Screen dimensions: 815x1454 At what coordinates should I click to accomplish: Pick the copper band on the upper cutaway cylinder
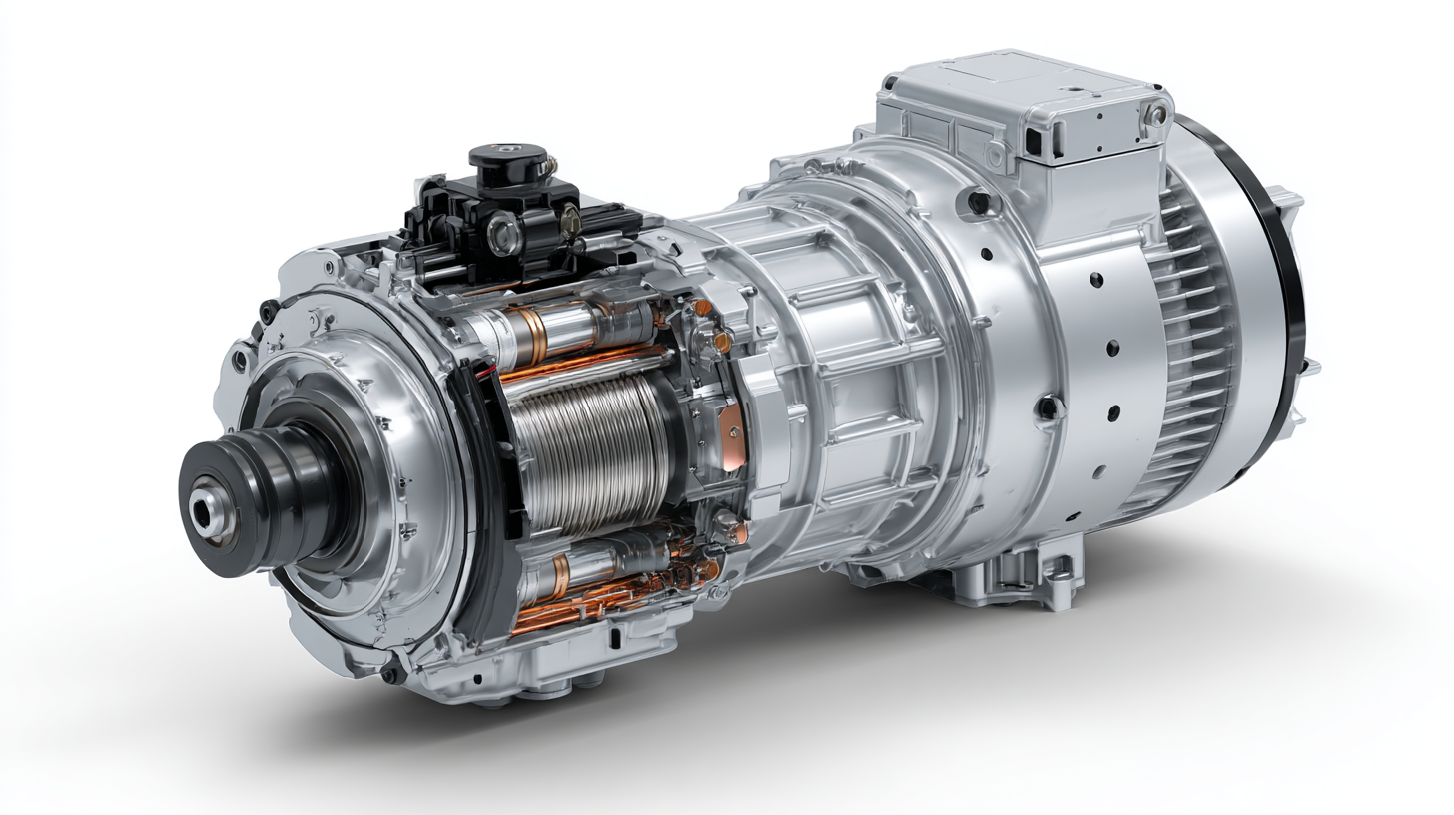click(x=526, y=335)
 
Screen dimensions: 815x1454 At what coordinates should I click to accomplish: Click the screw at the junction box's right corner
click(x=1155, y=115)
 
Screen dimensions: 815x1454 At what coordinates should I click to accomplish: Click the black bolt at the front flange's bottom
click(x=389, y=676)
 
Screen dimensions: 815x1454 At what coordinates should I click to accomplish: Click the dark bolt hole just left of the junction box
click(x=978, y=203)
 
